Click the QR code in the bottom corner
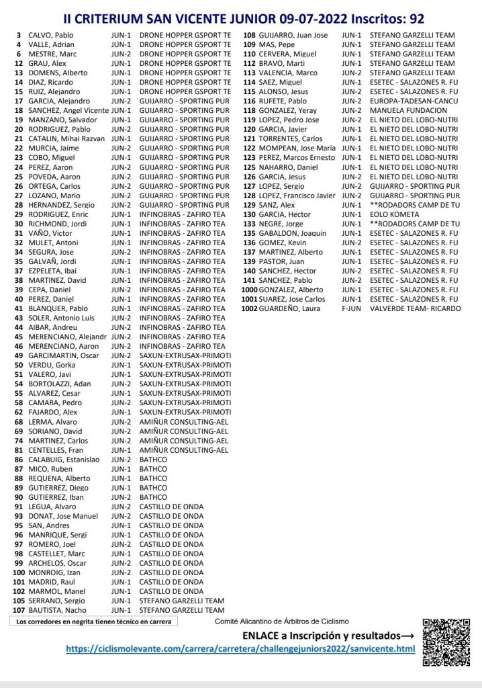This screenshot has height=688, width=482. pos(446,642)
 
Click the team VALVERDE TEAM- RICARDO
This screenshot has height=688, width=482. pos(416,308)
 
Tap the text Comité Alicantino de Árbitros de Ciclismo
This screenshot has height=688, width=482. pos(281,621)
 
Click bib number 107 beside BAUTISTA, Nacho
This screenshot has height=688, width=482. pos(18,611)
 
